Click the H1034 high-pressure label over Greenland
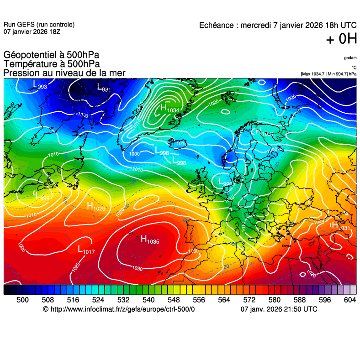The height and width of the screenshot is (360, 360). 169,108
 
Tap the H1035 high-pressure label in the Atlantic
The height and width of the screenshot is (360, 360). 149,239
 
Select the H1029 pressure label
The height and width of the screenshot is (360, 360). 96,206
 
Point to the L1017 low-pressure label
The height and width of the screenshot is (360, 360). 86,250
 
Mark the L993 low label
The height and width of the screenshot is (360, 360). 40,85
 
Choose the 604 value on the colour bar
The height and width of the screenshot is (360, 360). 350,300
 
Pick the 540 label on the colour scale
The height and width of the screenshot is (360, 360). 148,300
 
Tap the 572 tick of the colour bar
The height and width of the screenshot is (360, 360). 249,300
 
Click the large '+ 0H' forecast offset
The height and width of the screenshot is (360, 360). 341,40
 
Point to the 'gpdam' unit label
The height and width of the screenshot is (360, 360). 350,58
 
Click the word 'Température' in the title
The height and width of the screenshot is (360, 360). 30,64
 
